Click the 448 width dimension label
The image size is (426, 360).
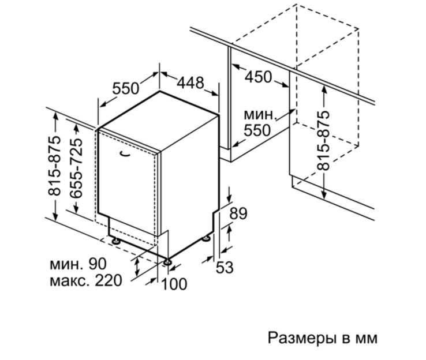point(190,82)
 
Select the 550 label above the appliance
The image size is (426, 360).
point(125,88)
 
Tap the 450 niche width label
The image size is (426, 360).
point(258,77)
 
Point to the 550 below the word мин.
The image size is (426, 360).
point(257,130)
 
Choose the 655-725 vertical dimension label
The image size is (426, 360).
point(76,168)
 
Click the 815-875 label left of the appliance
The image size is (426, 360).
point(54,166)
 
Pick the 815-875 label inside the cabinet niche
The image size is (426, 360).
point(323,140)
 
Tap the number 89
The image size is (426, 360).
point(238,213)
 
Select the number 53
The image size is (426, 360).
point(225,268)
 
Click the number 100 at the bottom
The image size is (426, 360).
point(174,284)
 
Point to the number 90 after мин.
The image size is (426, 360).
point(97,264)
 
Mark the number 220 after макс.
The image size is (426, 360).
point(109,280)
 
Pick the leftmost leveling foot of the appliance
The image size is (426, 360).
point(116,241)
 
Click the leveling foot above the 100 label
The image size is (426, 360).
point(167,262)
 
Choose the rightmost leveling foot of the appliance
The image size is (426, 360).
point(206,238)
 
